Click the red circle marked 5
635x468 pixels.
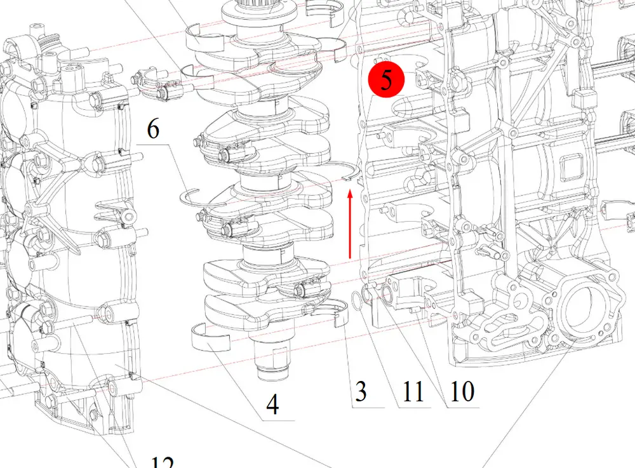click(x=386, y=79)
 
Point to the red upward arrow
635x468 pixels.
click(x=350, y=224)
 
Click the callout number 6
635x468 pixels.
click(x=153, y=129)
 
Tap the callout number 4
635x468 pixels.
click(x=272, y=404)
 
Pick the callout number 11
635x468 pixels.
click(x=413, y=391)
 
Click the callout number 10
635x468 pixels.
click(x=462, y=391)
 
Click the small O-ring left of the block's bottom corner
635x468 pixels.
click(x=357, y=300)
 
